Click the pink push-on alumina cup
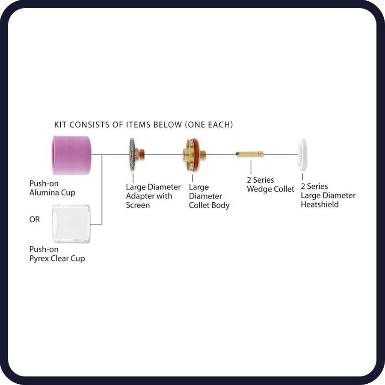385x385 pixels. click(x=71, y=155)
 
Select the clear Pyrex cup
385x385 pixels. click(x=71, y=223)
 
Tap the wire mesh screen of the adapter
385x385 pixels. click(x=132, y=154)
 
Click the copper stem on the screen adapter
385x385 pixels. click(x=140, y=154)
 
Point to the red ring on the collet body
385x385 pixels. click(x=195, y=155)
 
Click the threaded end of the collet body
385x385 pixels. click(x=203, y=154)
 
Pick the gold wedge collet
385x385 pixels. click(x=249, y=154)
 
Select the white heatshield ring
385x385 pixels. click(x=302, y=154)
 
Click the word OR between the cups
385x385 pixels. click(x=34, y=219)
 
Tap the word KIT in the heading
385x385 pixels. click(x=60, y=125)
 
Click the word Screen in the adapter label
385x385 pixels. click(x=138, y=205)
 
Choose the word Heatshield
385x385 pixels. click(x=320, y=204)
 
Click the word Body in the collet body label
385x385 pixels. click(x=221, y=205)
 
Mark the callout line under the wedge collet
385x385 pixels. click(x=251, y=167)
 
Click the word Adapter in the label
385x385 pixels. click(x=139, y=196)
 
